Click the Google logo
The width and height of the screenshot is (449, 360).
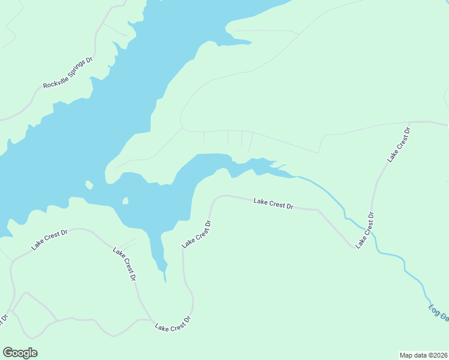click(20, 352)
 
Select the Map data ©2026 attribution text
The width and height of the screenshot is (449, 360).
click(423, 355)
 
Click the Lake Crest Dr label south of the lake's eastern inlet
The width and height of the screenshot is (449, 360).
click(273, 203)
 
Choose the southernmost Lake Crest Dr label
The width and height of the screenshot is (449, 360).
click(173, 323)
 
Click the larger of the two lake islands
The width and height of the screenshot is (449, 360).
click(89, 184)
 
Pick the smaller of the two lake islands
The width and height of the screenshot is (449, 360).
click(125, 201)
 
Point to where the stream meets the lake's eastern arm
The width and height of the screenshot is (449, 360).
click(297, 176)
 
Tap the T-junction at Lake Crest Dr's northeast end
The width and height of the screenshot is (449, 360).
click(411, 122)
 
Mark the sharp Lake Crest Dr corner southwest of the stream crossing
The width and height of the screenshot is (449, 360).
click(354, 247)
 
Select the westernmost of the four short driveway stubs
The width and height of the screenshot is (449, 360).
click(204, 138)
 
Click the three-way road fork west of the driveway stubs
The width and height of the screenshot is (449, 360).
click(182, 127)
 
